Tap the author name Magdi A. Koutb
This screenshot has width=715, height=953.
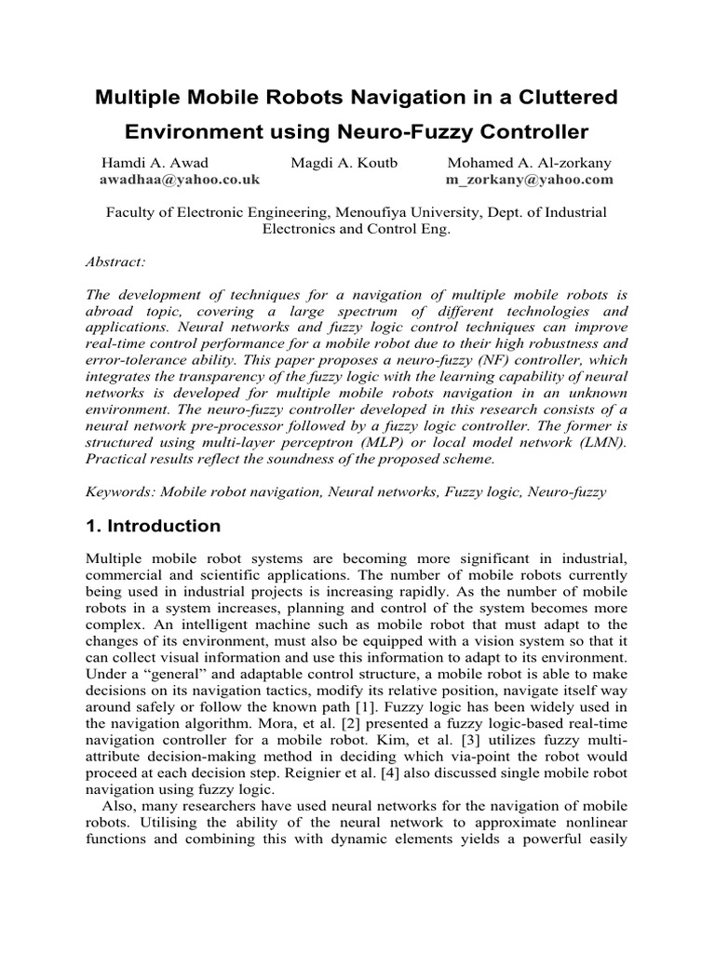coord(344,162)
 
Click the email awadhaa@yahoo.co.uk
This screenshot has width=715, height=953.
coord(180,179)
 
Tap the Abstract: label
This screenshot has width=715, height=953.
coord(115,262)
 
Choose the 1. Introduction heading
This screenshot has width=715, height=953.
coord(154,527)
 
